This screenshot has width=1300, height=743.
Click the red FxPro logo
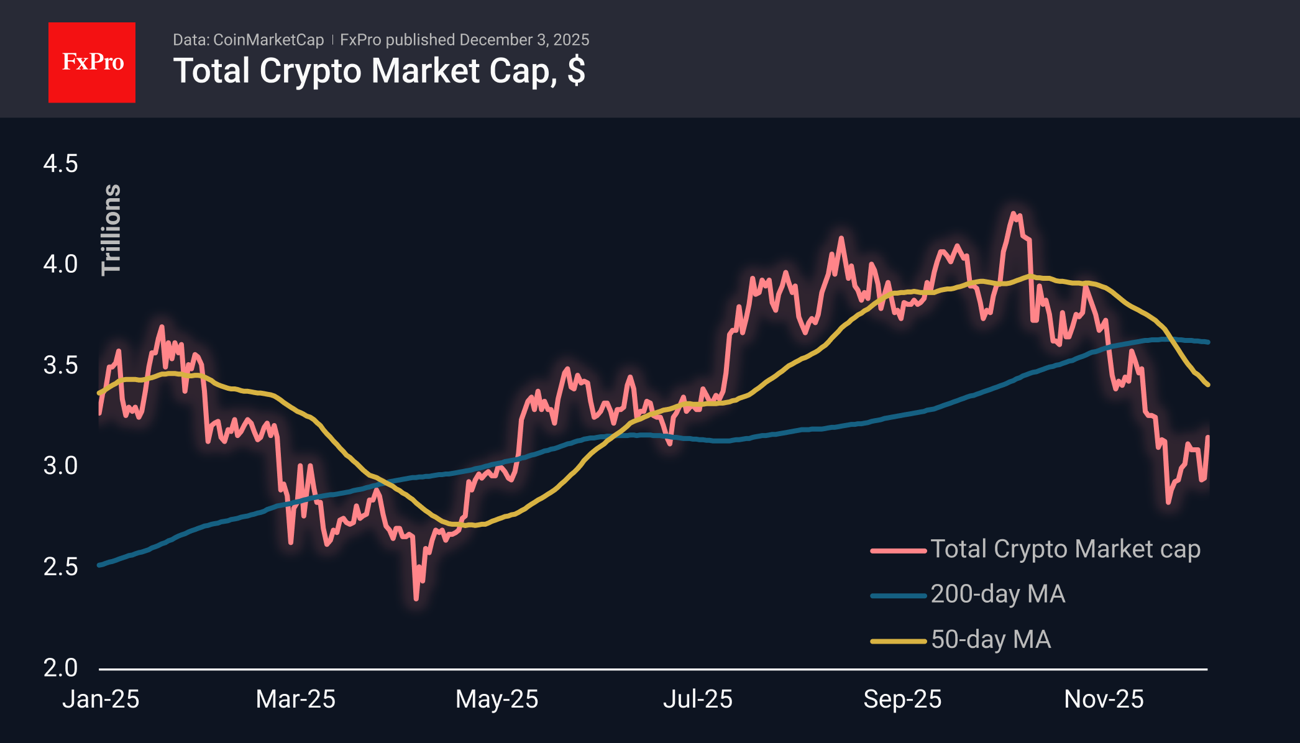(92, 62)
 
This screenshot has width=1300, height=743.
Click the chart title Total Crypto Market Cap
(378, 71)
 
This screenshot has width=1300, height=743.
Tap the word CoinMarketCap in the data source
(268, 40)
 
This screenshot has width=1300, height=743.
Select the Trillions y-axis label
(111, 229)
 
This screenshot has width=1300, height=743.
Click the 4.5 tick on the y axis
(60, 164)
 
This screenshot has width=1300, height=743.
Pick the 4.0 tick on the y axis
(60, 265)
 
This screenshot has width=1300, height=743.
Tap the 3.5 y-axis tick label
(60, 365)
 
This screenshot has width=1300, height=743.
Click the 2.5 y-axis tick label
(60, 567)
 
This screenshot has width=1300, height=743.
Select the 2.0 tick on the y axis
(60, 668)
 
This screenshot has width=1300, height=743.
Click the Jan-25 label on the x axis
(101, 700)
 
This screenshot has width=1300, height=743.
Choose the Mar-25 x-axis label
(296, 700)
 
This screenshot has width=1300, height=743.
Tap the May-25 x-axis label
(497, 700)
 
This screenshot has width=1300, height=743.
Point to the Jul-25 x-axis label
(698, 700)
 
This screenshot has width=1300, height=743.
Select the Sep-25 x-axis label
(902, 700)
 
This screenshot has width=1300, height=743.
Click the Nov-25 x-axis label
(1104, 700)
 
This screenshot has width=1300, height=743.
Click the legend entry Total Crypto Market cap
(1065, 549)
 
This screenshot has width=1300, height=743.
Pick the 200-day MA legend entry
(998, 595)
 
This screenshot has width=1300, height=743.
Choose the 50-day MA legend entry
(991, 640)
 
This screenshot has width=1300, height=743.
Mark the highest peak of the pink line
(1014, 214)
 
